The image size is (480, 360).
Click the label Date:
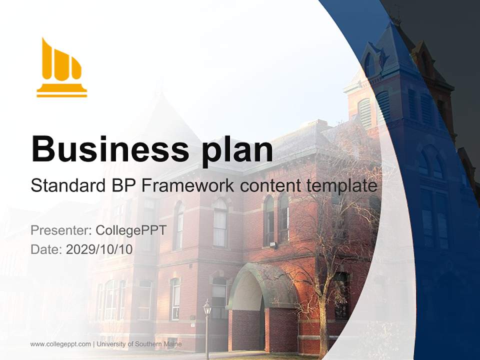tap(46, 249)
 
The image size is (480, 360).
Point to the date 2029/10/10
tap(99, 249)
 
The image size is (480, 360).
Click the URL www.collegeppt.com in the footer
tap(60, 344)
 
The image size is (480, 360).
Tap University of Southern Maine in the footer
tap(139, 344)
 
